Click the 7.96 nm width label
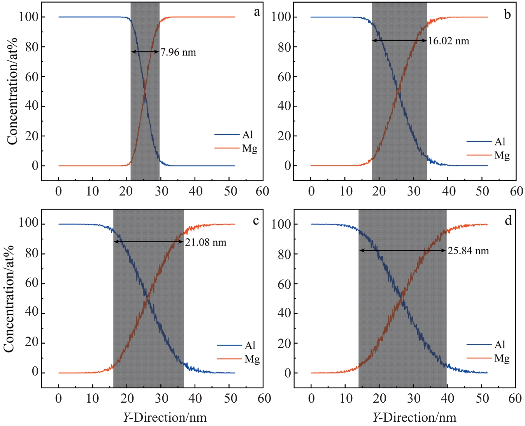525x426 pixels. [178, 52]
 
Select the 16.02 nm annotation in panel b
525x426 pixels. [448, 41]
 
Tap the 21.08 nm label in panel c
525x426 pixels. [205, 243]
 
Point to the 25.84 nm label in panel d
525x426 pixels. [468, 251]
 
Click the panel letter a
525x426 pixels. [257, 12]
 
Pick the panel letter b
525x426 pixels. [507, 14]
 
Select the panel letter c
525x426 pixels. [256, 221]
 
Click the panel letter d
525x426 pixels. [508, 221]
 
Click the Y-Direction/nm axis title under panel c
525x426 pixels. [165, 417]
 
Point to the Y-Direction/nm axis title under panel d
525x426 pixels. [414, 417]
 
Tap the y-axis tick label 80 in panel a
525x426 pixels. [32, 47]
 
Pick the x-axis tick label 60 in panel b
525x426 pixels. [516, 191]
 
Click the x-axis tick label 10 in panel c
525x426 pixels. [93, 398]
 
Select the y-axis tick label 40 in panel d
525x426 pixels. [284, 313]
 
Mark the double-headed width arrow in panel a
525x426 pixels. [145, 52]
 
